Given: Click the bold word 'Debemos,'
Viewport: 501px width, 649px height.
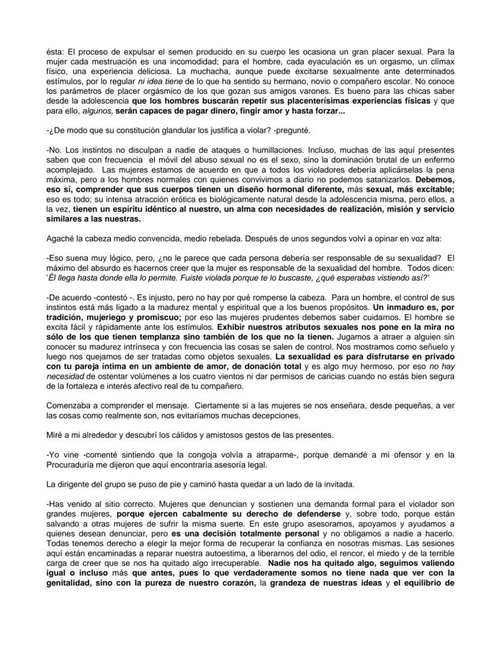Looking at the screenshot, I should point(433,180).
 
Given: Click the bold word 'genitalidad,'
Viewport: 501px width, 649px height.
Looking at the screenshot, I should point(73,583).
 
